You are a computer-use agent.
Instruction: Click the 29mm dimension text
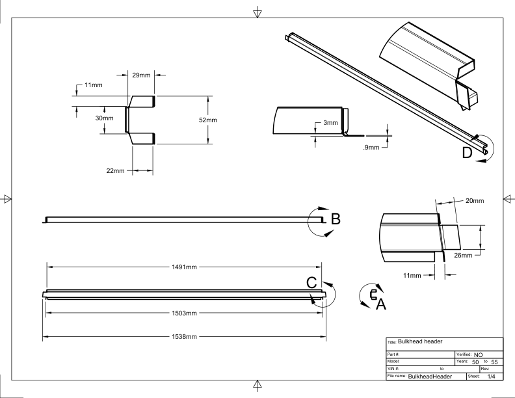pos(141,76)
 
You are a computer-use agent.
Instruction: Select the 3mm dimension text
pos(330,123)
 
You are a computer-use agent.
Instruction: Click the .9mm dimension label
pos(371,148)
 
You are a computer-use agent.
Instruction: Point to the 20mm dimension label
pos(475,201)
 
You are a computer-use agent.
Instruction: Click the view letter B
pos(336,219)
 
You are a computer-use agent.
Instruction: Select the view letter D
pos(467,153)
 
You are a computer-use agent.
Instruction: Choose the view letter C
pos(311,283)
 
